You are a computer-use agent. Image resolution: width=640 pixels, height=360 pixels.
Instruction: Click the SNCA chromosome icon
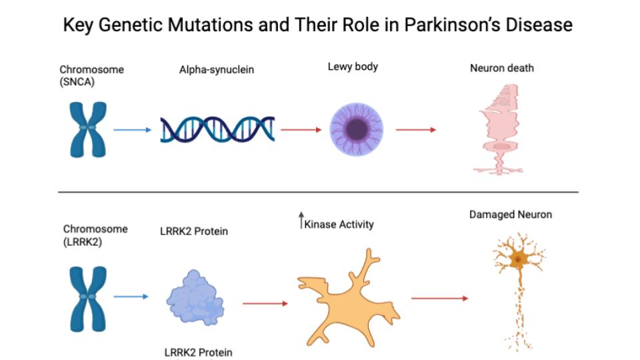point(88,130)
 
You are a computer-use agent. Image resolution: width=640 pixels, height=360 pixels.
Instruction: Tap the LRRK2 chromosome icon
point(88,299)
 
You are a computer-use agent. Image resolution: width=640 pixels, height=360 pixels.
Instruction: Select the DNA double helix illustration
point(217,130)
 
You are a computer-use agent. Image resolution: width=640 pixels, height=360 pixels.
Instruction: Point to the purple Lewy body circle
point(356,129)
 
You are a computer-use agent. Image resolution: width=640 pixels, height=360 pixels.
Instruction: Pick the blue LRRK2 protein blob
point(195,297)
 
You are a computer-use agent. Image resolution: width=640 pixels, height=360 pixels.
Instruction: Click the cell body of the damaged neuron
point(518,259)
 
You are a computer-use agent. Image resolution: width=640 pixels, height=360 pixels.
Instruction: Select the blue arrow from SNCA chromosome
point(132,130)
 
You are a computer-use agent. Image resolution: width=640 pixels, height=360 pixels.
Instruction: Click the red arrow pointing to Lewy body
point(301,130)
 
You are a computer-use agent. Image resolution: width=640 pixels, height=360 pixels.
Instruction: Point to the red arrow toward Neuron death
point(416,130)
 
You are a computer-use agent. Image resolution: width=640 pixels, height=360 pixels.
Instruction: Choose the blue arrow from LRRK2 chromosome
point(131,296)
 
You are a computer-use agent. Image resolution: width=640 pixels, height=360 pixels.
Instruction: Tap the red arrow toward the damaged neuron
point(439,299)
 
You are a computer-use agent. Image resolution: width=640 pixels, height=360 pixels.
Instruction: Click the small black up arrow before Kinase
point(301,220)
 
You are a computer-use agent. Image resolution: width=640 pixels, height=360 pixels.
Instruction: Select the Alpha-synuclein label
point(216,70)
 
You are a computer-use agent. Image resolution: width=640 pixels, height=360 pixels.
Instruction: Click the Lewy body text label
point(353,67)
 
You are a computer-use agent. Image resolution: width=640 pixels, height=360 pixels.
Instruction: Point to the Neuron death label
point(501,68)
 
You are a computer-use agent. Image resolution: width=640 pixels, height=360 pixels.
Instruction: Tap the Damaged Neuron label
point(510,215)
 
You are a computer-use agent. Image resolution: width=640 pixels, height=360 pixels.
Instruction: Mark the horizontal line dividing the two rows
point(319,192)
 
